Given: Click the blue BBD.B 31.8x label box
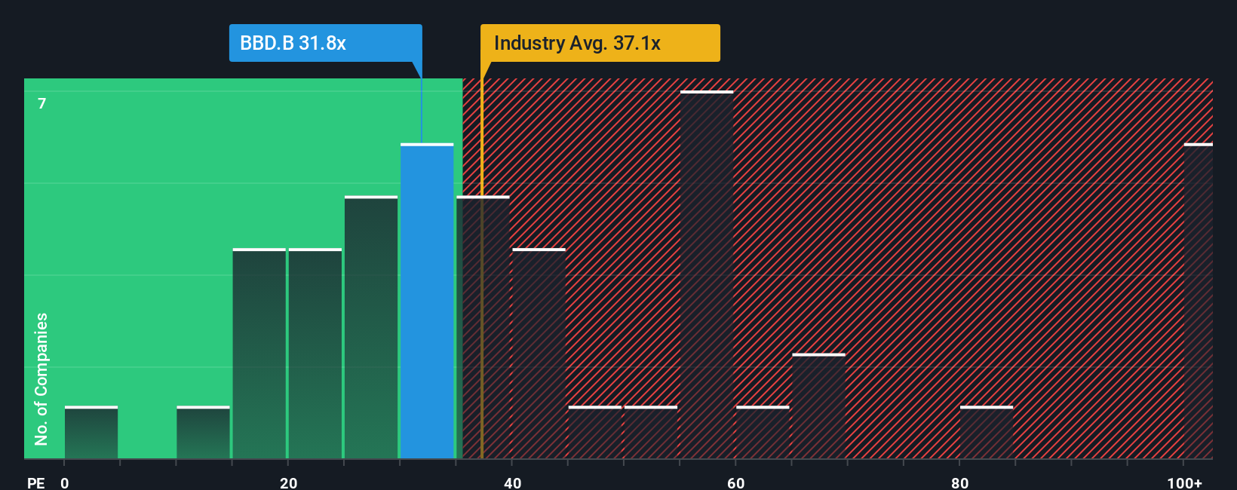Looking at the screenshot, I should click(325, 43).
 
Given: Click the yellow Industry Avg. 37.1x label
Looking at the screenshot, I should click(600, 43).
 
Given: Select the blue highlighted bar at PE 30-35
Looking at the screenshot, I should click(427, 302).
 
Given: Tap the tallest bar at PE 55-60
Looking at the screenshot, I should click(707, 275).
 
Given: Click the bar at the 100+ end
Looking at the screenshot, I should click(1198, 302).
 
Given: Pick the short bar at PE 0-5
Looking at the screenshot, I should click(91, 433).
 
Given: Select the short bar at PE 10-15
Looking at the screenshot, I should click(203, 433).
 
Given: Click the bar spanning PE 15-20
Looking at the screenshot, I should click(259, 354).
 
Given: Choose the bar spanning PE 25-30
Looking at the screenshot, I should click(371, 328).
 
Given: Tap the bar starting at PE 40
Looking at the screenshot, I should click(539, 354).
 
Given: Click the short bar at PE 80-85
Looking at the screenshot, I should click(987, 433).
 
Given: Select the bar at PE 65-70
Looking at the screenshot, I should click(818, 407).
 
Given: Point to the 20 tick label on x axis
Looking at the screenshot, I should click(288, 482).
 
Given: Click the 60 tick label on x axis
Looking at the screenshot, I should click(735, 482).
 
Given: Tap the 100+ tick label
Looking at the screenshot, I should click(1184, 482).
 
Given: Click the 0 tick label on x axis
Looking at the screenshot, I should click(65, 482).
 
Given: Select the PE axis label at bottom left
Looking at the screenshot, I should click(35, 482).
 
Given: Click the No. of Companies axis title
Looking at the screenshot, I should click(41, 378).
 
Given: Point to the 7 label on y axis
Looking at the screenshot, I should click(42, 103).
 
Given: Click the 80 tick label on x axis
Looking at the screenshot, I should click(959, 482).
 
